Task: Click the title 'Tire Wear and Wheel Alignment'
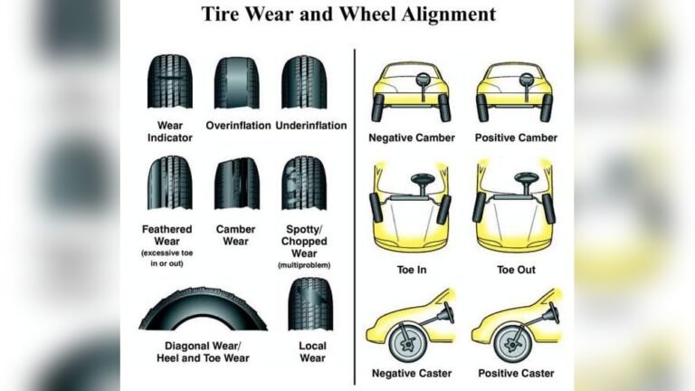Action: [x=347, y=14]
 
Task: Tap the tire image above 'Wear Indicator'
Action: [x=169, y=82]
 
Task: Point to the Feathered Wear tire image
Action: [x=169, y=183]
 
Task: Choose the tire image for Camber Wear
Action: [x=236, y=183]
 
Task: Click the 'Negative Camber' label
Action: [x=410, y=138]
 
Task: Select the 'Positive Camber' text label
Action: [x=516, y=138]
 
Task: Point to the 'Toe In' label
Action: [x=410, y=270]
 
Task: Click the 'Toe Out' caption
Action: [x=516, y=270]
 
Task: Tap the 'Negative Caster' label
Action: [x=410, y=373]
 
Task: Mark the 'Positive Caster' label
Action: [x=516, y=373]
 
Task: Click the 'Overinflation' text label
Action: [x=238, y=125]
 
